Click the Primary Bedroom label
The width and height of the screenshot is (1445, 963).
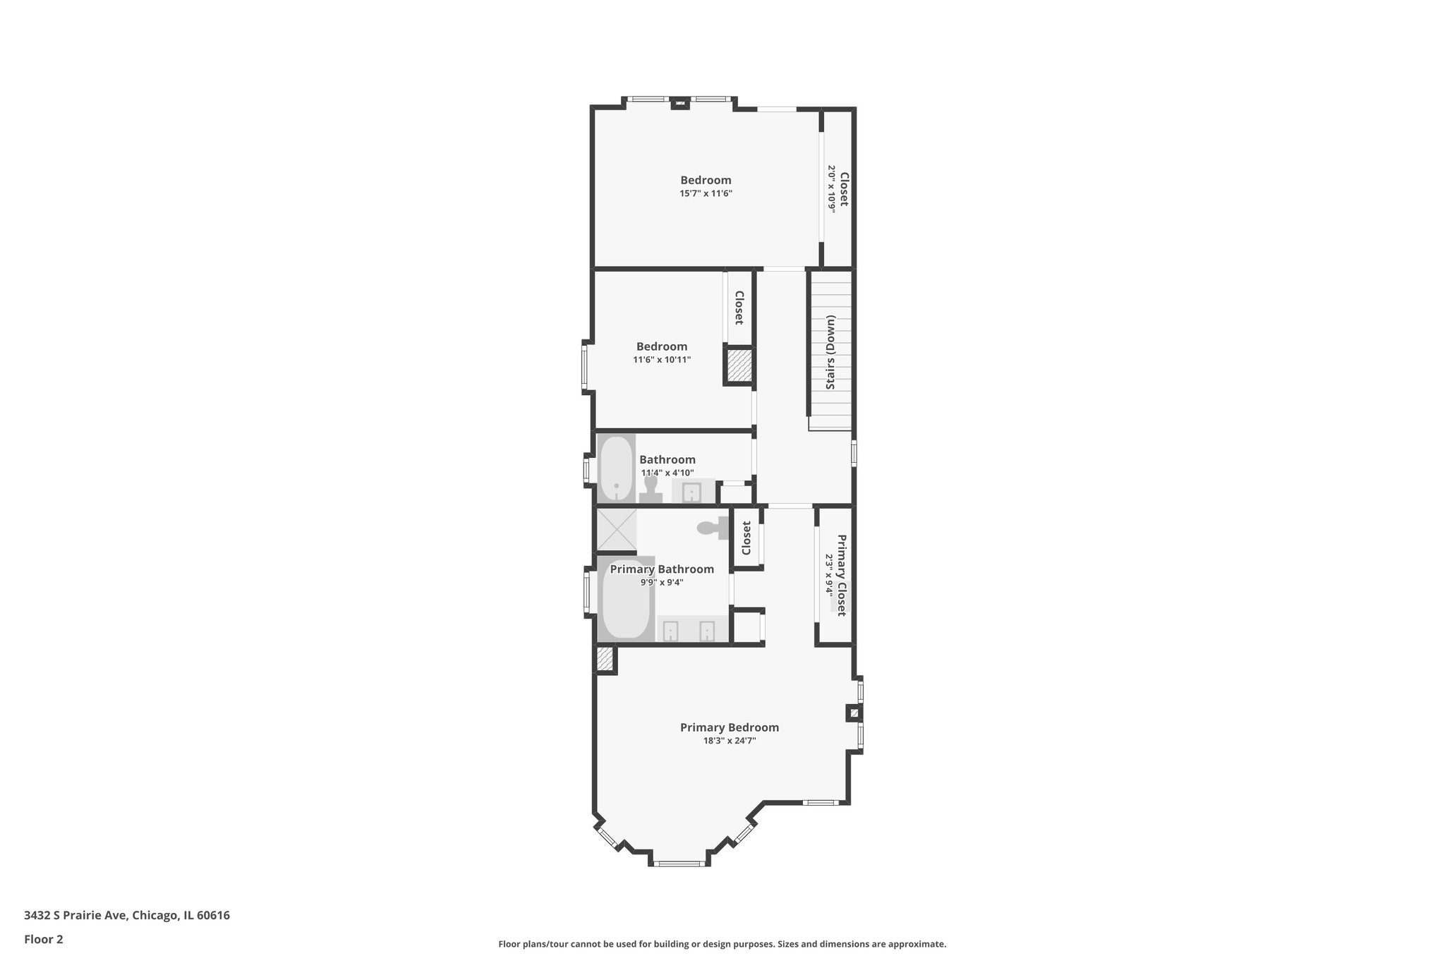click(729, 727)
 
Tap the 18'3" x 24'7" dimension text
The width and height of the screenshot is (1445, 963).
click(729, 741)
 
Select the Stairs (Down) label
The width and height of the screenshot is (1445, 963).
click(830, 351)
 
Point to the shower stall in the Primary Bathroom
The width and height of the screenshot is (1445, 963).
click(616, 529)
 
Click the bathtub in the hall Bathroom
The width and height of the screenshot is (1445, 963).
click(616, 468)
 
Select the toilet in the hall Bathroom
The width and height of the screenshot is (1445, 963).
click(651, 489)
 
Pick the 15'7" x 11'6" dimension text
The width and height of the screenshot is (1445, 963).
click(706, 193)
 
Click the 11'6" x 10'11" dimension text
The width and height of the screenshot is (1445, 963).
click(661, 360)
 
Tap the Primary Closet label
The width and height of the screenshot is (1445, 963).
click(842, 575)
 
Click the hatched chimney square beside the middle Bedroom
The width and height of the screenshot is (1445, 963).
click(739, 365)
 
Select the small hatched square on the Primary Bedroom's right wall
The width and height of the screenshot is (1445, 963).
click(854, 713)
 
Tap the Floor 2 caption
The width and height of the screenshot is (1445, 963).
click(44, 939)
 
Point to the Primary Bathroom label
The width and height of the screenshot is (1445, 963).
click(661, 569)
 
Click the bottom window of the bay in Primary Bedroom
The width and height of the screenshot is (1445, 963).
click(678, 863)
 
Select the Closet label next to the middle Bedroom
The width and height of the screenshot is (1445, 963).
click(739, 308)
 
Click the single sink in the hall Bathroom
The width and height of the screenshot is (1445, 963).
click(693, 491)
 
